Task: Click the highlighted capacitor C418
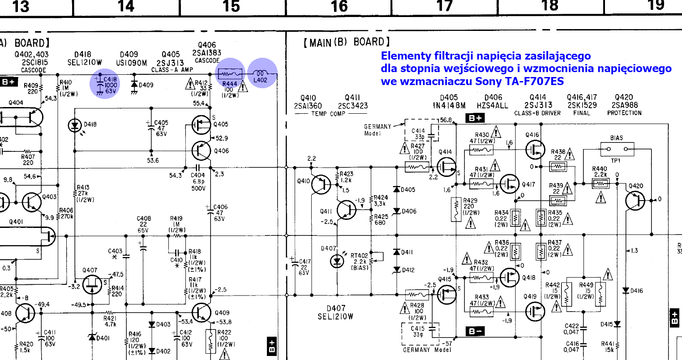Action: (x=105, y=83)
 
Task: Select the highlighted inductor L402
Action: (x=262, y=73)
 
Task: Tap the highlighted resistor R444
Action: (x=231, y=74)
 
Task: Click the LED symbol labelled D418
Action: (x=74, y=125)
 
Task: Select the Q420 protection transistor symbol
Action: (x=635, y=200)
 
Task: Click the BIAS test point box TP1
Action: (x=617, y=149)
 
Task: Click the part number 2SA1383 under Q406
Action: (x=207, y=53)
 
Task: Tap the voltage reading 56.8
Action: (x=446, y=120)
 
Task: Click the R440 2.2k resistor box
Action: (x=600, y=183)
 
